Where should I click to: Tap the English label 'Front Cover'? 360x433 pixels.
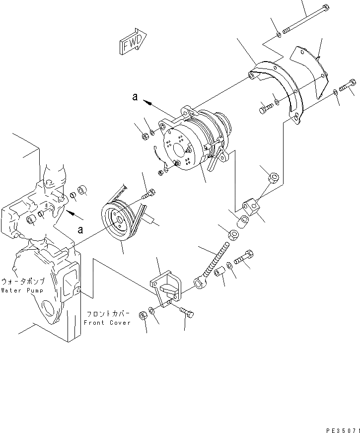(107, 322)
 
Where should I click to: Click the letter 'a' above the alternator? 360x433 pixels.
(135, 98)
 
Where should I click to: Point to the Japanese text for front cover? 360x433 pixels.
(108, 314)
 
